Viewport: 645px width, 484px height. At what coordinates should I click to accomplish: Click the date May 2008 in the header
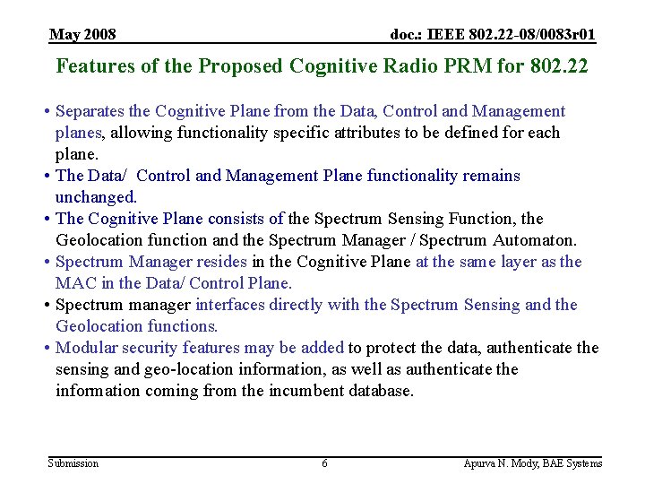(82, 35)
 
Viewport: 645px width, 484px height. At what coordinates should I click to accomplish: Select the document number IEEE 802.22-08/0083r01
(493, 35)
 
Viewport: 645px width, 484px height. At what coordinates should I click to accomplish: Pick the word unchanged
(96, 197)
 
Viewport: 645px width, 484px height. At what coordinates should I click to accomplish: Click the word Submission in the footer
(73, 463)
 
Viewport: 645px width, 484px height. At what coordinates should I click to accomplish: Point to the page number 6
(324, 463)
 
